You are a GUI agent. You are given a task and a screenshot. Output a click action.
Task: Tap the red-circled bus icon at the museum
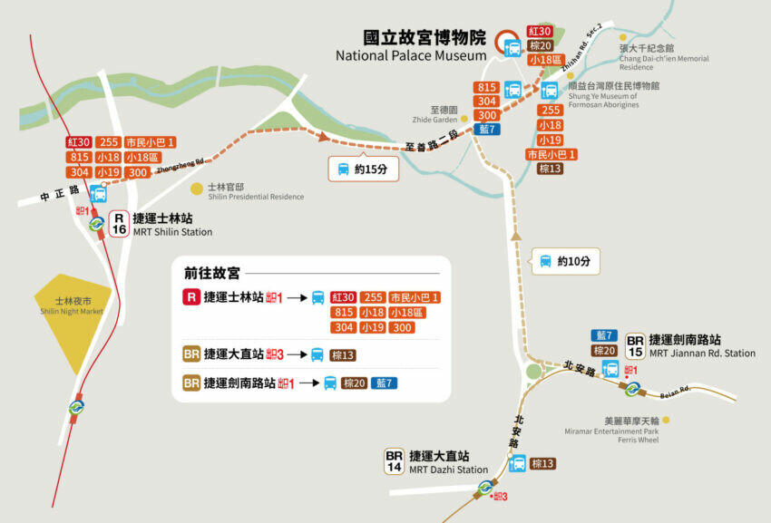point(511,45)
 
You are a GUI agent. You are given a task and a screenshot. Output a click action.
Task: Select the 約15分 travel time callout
point(362,169)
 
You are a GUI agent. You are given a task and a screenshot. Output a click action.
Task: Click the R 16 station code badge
point(119,224)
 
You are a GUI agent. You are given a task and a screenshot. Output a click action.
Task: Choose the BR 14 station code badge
point(394,461)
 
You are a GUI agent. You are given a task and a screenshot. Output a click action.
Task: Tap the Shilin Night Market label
point(72,306)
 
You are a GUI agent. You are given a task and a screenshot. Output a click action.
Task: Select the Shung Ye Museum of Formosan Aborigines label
point(615,95)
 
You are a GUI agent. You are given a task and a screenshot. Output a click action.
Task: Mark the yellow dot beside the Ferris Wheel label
point(667,420)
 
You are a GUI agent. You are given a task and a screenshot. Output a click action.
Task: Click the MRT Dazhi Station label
point(447,469)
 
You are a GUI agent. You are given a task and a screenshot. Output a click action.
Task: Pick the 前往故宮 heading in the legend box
point(212,273)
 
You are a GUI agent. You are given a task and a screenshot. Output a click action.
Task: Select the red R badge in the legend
point(190,296)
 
